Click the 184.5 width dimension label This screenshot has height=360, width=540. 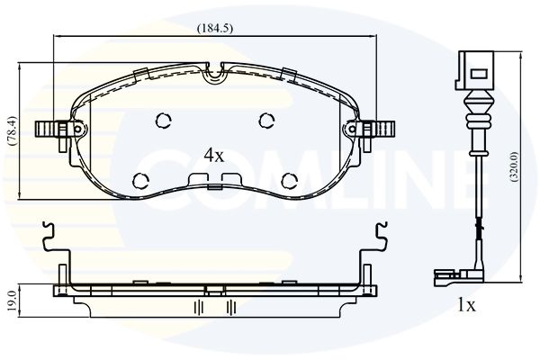tap(214, 28)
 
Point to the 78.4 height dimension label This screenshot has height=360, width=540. tap(13, 130)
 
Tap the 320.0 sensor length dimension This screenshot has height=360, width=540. tap(515, 166)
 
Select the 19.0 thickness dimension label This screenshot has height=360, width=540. tap(12, 301)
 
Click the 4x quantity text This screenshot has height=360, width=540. tap(214, 156)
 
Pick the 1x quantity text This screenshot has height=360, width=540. tap(466, 305)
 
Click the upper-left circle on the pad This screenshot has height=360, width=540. tap(163, 121)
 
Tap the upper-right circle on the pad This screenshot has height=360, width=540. tap(266, 121)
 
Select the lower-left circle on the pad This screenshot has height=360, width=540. tap(141, 181)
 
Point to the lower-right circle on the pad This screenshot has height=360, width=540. tap(289, 181)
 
